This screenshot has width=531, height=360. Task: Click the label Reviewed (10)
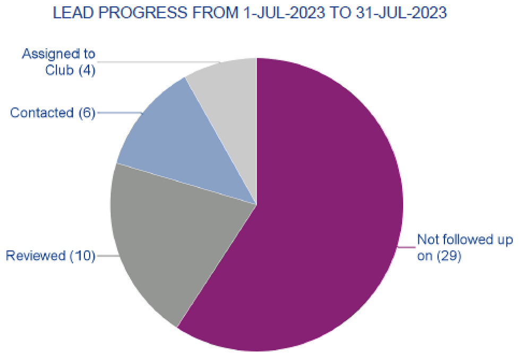coord(50,256)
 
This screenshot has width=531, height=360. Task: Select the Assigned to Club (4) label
coord(58,62)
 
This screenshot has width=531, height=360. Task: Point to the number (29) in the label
coord(448,256)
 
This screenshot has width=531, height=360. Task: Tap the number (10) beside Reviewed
coord(82,256)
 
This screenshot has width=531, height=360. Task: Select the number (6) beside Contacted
coord(85,113)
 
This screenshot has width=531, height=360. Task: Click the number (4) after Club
coord(87,70)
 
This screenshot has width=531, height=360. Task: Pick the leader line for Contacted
coord(119,113)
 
